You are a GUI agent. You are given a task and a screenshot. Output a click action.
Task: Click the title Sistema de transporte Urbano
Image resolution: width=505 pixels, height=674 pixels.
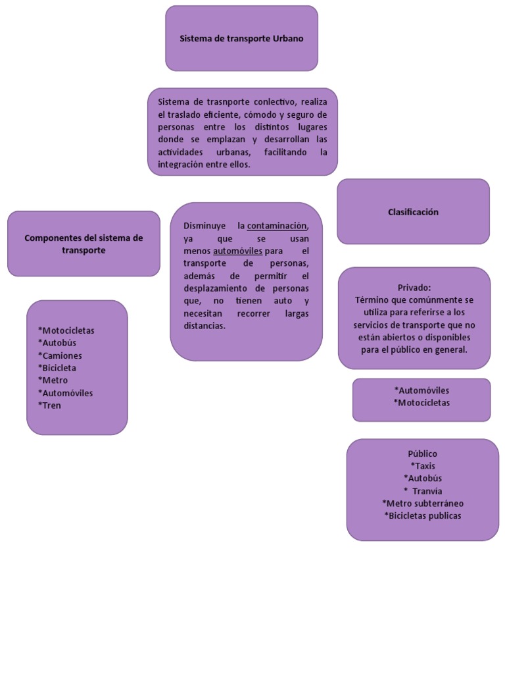coord(241,39)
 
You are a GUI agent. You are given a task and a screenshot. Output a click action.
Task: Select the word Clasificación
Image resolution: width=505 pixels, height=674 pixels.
coord(413,212)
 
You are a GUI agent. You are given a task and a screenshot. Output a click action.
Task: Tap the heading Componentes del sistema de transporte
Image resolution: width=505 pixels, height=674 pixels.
coord(84,244)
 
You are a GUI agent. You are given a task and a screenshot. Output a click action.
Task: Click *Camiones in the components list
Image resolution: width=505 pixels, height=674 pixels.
coord(60,355)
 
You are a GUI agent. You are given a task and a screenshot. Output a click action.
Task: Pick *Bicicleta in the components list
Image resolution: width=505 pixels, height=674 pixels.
coord(57,368)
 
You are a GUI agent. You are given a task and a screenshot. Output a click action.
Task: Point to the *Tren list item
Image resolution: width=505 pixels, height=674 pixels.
coord(49,405)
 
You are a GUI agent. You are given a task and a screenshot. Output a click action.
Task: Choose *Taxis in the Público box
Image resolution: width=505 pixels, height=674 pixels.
coord(423,466)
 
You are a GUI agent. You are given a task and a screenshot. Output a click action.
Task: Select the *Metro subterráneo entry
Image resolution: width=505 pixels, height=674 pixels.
coord(423,504)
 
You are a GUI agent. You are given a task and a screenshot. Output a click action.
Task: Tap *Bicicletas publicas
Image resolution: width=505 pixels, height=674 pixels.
coord(423,516)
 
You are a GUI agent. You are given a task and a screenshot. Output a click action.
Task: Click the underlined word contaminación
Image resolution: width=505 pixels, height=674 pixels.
coord(277,226)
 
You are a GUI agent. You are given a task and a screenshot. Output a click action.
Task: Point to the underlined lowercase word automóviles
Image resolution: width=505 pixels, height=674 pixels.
coord(237,251)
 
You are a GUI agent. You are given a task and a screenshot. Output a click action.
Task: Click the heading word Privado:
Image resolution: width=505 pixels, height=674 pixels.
coord(414,288)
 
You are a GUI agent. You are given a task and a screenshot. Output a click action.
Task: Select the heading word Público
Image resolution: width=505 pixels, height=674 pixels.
coord(423,454)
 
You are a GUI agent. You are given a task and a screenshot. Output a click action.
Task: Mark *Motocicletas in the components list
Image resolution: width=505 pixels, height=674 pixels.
coord(66,330)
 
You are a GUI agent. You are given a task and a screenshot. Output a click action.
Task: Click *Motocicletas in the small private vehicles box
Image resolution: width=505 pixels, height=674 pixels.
coord(421,403)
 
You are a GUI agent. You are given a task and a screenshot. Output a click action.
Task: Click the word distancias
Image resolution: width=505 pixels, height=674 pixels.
coord(204,326)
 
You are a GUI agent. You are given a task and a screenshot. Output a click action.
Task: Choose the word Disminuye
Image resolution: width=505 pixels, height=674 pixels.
coord(204,226)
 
